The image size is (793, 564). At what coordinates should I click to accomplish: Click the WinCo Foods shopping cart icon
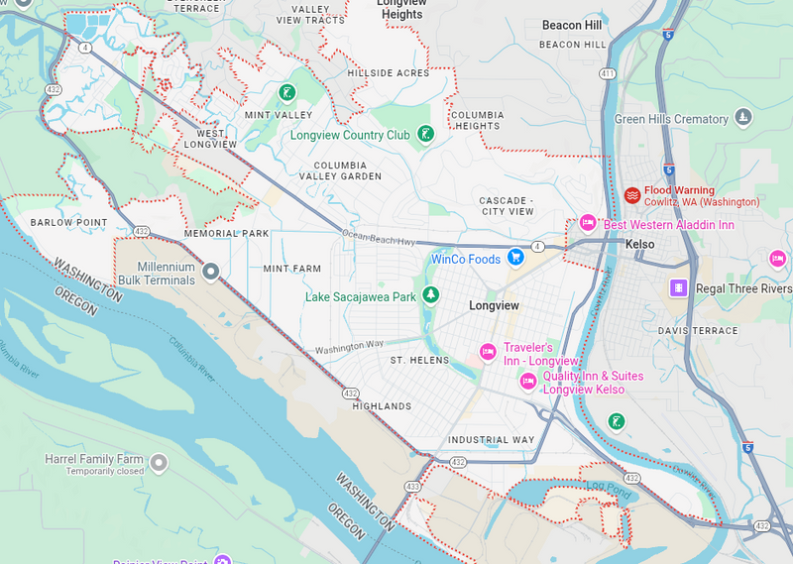515,258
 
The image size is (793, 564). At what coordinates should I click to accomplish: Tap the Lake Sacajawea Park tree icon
430,295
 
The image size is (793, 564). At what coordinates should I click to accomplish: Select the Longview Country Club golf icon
425,134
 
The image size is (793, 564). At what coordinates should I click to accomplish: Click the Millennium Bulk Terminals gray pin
210,271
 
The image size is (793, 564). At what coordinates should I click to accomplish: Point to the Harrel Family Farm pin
159,462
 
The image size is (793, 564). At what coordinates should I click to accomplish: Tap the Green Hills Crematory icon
742,119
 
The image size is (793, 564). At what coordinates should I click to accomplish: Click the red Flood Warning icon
631,194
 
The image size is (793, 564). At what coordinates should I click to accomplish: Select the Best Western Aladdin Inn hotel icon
587,224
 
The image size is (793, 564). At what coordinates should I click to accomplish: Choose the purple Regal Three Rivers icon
678,288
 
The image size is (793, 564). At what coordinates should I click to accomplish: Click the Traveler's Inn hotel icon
488,352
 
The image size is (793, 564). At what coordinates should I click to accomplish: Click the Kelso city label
640,244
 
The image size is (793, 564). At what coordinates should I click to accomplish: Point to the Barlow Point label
68,222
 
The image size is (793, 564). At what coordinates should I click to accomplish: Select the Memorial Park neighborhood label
226,234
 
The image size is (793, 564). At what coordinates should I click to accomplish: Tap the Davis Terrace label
698,330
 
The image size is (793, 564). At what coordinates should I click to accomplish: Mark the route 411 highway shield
607,73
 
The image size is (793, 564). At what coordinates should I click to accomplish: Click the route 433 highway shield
411,487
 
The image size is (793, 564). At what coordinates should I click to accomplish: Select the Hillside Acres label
389,73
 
